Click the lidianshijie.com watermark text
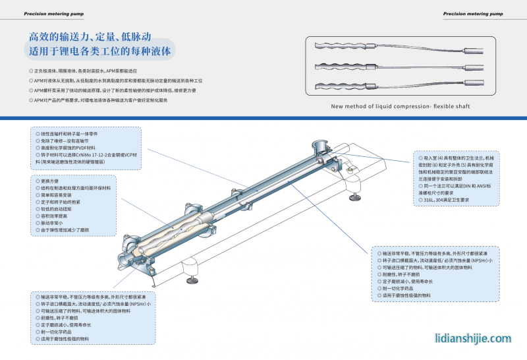tap(473, 338)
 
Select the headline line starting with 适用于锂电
tap(99, 51)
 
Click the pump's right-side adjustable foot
tap(356, 195)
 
